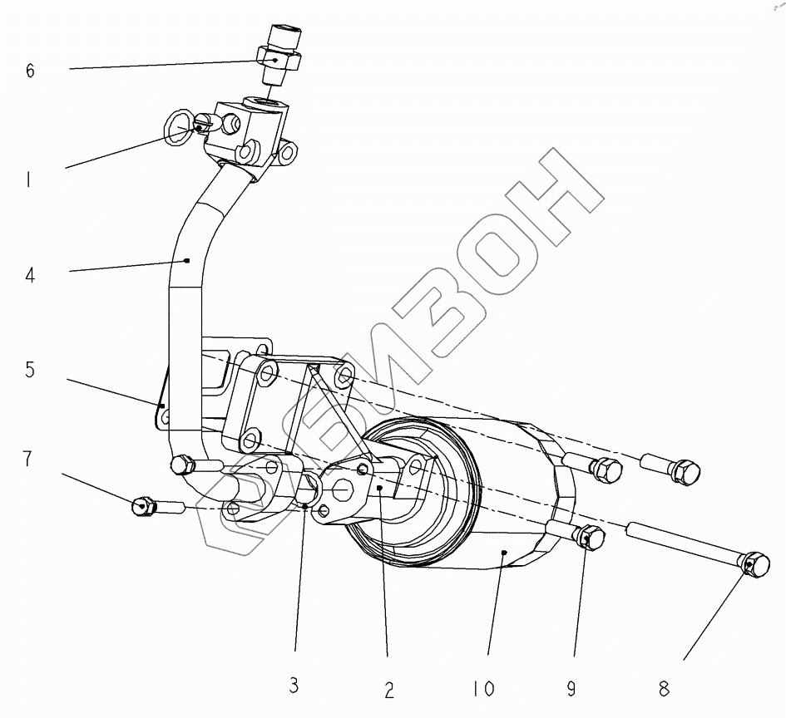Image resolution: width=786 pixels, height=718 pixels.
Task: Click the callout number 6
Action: (x=31, y=71)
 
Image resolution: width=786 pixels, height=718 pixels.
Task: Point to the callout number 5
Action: (x=30, y=370)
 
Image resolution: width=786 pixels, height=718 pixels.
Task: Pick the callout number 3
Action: (x=294, y=686)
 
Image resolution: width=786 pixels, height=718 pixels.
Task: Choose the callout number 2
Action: (x=388, y=689)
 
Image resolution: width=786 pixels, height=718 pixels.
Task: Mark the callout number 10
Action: (x=482, y=689)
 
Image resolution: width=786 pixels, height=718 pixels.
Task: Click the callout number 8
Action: (x=663, y=688)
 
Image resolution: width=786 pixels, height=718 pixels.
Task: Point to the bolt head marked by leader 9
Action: (x=589, y=538)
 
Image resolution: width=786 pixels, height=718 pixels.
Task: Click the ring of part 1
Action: (x=178, y=127)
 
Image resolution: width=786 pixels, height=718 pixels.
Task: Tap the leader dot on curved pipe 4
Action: (x=187, y=261)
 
